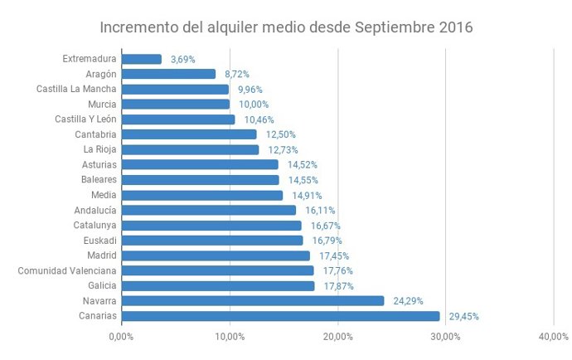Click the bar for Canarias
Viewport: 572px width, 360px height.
280,316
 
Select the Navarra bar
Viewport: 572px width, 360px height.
253,300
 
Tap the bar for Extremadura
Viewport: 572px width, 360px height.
142,59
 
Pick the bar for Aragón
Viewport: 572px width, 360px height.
168,74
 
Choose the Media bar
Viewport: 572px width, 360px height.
202,195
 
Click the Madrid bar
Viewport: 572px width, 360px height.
216,255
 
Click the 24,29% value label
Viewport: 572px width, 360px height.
407,301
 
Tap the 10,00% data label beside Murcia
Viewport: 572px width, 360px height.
253,105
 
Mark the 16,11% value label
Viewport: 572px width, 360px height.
319,211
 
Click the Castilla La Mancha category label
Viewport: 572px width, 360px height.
76,89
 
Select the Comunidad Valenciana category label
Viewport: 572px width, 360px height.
68,270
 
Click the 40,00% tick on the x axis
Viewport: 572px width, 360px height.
554,336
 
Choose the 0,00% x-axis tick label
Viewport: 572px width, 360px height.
121,336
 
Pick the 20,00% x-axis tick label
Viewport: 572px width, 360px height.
337,336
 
